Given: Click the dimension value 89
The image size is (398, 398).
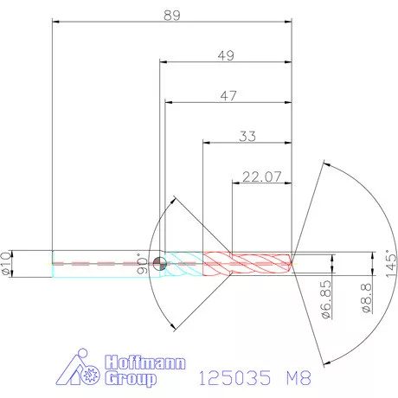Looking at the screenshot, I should pyautogui.click(x=172, y=14).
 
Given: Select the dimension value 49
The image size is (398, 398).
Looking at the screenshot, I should pyautogui.click(x=227, y=55).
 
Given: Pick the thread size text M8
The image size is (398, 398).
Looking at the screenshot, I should pyautogui.click(x=296, y=378).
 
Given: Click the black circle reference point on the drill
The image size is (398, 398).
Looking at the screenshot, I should pyautogui.click(x=158, y=264).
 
